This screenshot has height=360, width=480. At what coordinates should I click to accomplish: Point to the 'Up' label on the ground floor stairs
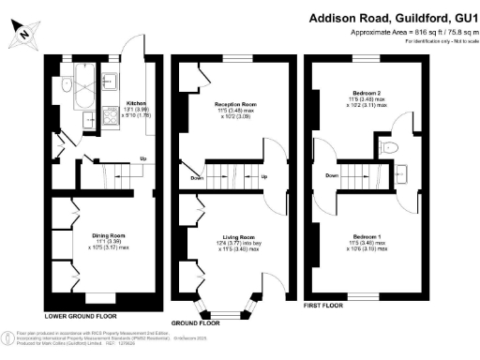pos(265,177)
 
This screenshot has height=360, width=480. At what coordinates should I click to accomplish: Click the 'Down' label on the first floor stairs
pos(331,174)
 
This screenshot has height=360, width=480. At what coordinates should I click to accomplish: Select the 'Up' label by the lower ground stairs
pos(143,157)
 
